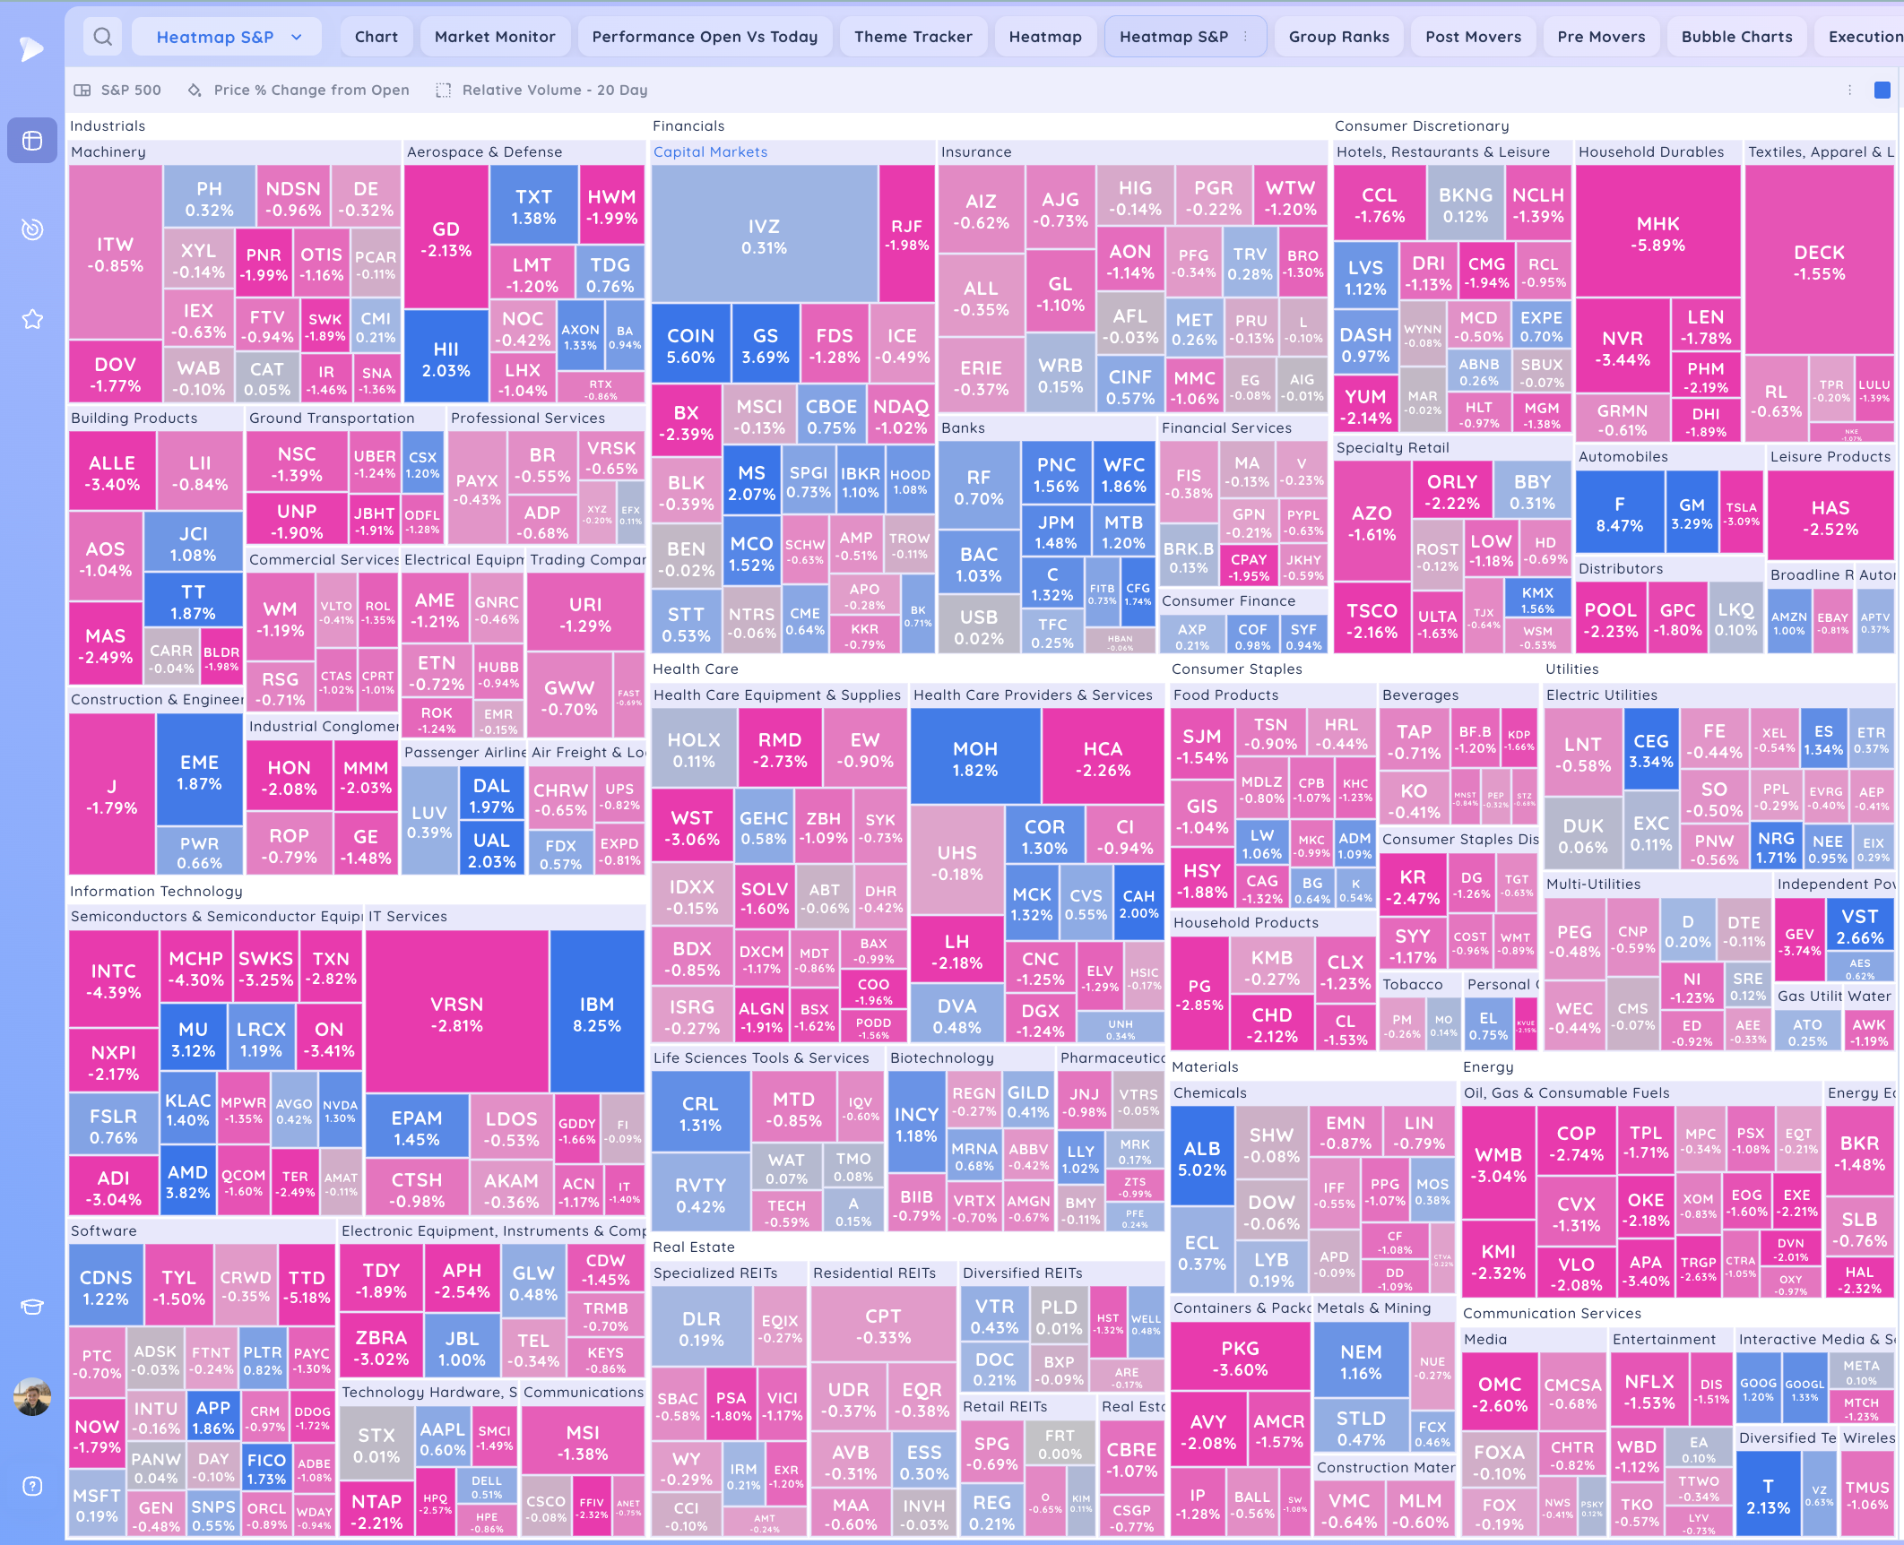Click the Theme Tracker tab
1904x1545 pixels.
click(x=913, y=37)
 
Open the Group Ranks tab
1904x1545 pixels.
click(x=1338, y=37)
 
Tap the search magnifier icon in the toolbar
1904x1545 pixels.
click(x=103, y=37)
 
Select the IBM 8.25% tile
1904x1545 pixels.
click(x=597, y=1014)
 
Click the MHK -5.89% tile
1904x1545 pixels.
click(x=1657, y=233)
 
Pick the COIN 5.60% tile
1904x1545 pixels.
click(x=690, y=346)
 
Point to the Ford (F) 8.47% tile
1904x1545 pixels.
click(x=1619, y=514)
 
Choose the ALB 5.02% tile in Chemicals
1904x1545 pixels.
click(x=1201, y=1158)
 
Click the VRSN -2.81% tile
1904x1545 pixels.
click(x=457, y=1014)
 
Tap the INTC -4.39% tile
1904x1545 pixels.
click(x=114, y=980)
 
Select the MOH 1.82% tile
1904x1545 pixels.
click(x=974, y=758)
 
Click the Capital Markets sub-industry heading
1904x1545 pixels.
click(x=710, y=152)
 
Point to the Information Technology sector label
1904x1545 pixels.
click(x=156, y=891)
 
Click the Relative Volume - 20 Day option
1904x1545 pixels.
click(x=554, y=90)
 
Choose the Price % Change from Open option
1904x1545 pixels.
click(x=311, y=90)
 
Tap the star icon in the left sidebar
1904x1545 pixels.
click(x=32, y=319)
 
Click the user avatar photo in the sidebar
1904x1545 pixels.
click(x=32, y=1396)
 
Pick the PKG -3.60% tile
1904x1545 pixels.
click(x=1240, y=1359)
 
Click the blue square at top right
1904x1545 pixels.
click(x=1882, y=90)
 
